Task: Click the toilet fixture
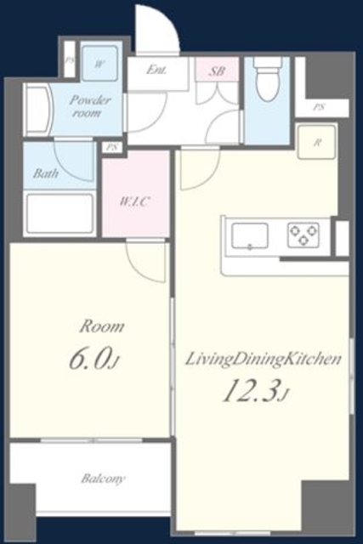tap(268, 79)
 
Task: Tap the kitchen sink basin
tap(250, 236)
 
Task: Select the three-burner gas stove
tap(303, 235)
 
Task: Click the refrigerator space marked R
tap(316, 142)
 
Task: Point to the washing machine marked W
tap(99, 63)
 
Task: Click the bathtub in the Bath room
tap(60, 213)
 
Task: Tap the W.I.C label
tap(134, 201)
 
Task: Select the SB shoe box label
tap(217, 71)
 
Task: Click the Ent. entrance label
tap(156, 70)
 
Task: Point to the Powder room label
tap(89, 106)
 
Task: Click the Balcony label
tap(103, 479)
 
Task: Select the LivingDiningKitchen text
tap(264, 359)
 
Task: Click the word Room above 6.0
tap(102, 326)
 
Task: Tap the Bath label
tap(45, 173)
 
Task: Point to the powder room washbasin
tap(38, 110)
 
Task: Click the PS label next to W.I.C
tap(111, 147)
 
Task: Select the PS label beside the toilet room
tap(319, 107)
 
